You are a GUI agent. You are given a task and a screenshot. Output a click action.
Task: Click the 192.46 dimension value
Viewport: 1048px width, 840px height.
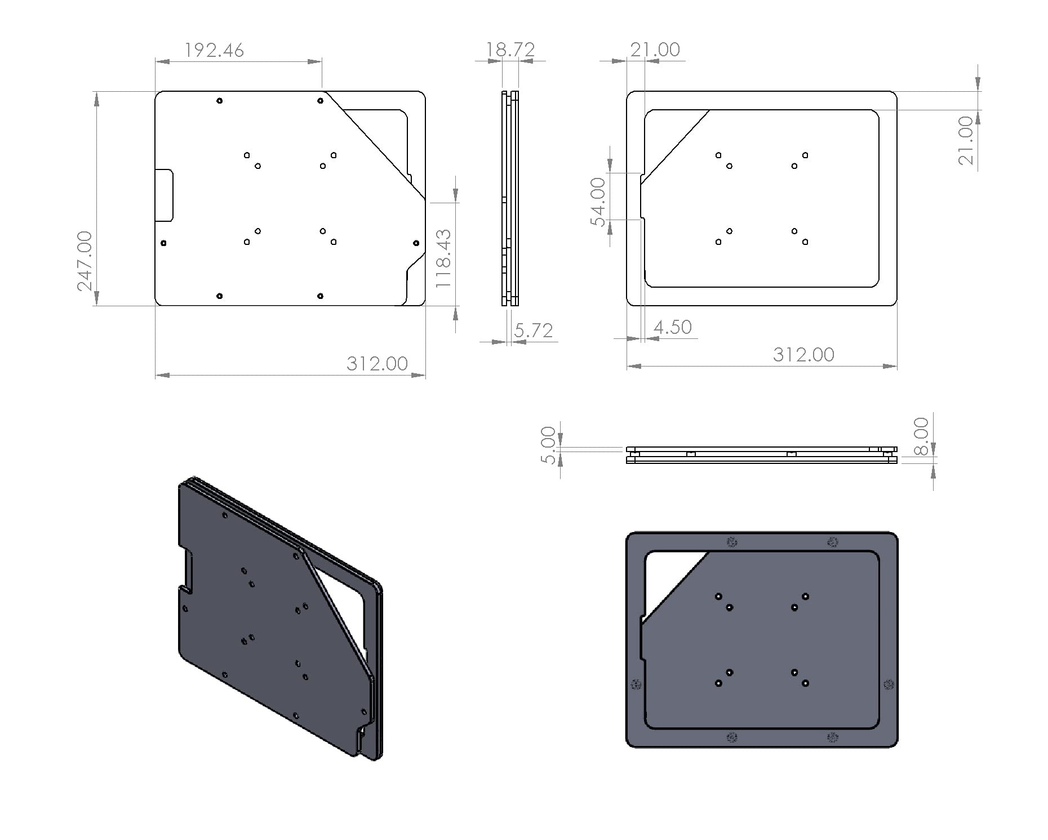click(x=214, y=51)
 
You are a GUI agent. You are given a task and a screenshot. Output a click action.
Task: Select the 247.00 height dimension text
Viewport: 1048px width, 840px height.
click(x=85, y=260)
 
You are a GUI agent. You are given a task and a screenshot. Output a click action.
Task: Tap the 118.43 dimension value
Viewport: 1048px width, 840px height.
click(x=444, y=258)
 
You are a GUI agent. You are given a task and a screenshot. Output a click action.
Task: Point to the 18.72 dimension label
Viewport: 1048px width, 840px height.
click(x=510, y=50)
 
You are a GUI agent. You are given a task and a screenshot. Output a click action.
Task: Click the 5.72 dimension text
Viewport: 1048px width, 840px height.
click(x=533, y=330)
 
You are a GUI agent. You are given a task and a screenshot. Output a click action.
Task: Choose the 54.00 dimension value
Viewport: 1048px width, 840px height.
click(x=598, y=202)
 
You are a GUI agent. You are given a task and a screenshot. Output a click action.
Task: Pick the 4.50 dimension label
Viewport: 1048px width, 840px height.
click(x=672, y=327)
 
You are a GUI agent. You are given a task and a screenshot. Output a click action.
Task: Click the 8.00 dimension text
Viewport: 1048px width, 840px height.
click(x=921, y=436)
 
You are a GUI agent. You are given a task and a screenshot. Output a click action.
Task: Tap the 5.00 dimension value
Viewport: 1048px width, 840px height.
click(x=548, y=445)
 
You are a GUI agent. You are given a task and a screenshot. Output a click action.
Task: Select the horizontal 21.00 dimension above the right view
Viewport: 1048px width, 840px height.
click(x=655, y=50)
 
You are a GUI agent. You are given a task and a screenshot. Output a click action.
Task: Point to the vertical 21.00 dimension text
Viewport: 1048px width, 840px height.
click(x=966, y=140)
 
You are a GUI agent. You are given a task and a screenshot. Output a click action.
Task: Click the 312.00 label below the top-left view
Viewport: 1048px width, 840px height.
click(x=377, y=364)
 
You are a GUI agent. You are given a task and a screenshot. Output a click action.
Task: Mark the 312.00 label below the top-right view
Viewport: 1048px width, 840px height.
click(x=803, y=355)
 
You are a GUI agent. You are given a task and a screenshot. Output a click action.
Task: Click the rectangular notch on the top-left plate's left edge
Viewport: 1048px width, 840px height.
click(x=165, y=195)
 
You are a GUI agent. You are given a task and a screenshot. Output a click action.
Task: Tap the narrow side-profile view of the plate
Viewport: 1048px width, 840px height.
click(x=510, y=198)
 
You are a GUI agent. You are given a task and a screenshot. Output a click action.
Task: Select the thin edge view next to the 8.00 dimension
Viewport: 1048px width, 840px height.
click(x=761, y=455)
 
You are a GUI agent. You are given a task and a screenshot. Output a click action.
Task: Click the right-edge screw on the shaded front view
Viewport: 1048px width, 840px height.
click(x=889, y=685)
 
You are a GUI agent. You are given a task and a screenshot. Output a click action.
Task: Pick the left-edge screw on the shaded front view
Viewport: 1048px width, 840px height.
click(x=636, y=685)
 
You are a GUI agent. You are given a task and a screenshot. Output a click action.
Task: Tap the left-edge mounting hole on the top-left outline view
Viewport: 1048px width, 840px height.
click(x=163, y=243)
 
